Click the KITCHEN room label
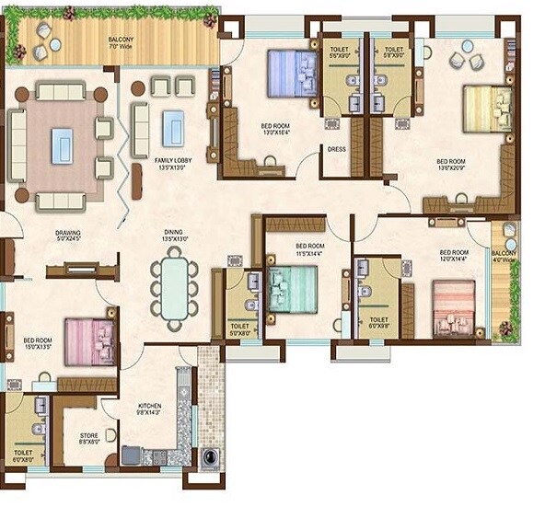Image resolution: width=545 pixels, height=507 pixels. pos(149,409)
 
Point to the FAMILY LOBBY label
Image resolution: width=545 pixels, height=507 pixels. pos(151,163)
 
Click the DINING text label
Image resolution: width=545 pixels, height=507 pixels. pos(174,236)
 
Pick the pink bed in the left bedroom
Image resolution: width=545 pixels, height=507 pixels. pos(88,341)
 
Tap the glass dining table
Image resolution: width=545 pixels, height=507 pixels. pos(175,286)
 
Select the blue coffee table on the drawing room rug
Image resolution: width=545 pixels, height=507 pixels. pos(62,145)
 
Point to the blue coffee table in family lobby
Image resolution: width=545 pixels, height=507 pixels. pos(174,128)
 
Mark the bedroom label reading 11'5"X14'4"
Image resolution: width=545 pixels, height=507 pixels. pos(309,250)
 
